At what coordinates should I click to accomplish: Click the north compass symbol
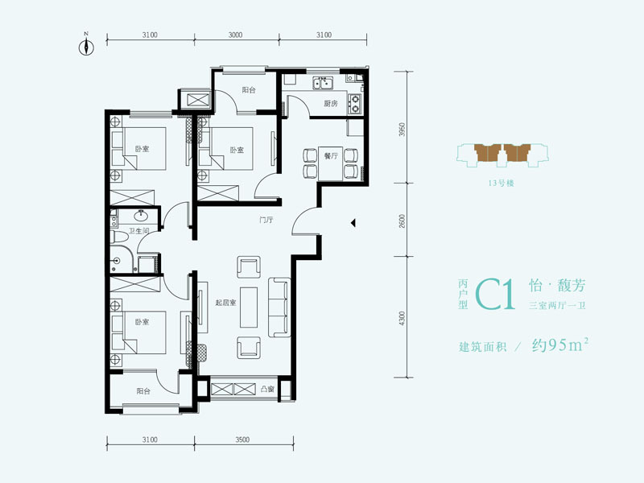pyautogui.click(x=86, y=47)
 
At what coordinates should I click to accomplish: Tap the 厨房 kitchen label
pyautogui.click(x=330, y=104)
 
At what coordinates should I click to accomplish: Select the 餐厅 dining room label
pyautogui.click(x=331, y=156)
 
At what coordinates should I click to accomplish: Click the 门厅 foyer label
pyautogui.click(x=266, y=220)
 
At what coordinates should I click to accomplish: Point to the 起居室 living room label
pyautogui.click(x=225, y=303)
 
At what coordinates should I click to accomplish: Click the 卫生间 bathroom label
pyautogui.click(x=138, y=231)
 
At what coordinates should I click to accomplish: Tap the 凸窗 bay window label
pyautogui.click(x=267, y=389)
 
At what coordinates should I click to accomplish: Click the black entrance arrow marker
pyautogui.click(x=353, y=223)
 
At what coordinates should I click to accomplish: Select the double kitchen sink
pyautogui.click(x=323, y=83)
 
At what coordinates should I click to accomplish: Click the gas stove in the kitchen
pyautogui.click(x=354, y=104)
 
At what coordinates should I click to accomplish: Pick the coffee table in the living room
pyautogui.click(x=249, y=308)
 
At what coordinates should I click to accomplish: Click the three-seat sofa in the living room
pyautogui.click(x=279, y=308)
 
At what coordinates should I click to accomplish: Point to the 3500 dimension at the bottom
pyautogui.click(x=243, y=440)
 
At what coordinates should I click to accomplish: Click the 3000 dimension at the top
pyautogui.click(x=235, y=35)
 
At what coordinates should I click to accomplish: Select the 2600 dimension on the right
pyautogui.click(x=402, y=221)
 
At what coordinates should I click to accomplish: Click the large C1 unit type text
pyautogui.click(x=495, y=294)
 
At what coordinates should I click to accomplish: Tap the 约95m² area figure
pyautogui.click(x=560, y=345)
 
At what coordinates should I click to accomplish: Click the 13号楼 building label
pyautogui.click(x=501, y=184)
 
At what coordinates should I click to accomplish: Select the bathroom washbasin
pyautogui.click(x=142, y=215)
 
